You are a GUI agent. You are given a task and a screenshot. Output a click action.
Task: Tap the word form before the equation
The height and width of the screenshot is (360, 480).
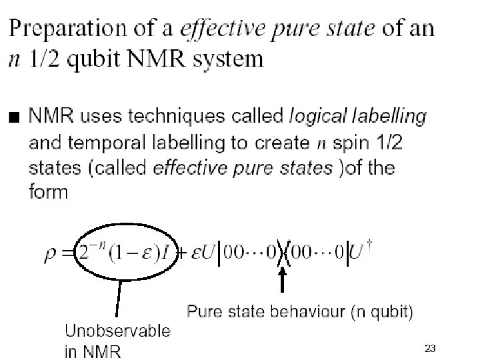point(48,193)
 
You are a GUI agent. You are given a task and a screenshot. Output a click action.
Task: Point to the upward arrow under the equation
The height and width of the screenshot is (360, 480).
point(282,280)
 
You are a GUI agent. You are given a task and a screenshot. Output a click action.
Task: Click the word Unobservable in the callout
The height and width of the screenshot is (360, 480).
point(117,331)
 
